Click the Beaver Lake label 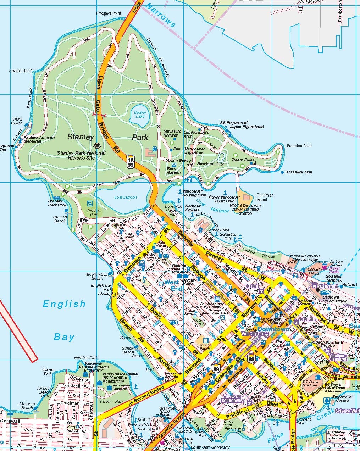tap(140, 115)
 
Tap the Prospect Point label tap(109, 13)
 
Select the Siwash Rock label tap(20, 71)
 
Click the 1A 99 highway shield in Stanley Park tap(131, 161)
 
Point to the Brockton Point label tap(299, 146)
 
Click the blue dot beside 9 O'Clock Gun tap(282, 172)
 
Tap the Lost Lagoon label tap(126, 197)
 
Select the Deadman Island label tap(265, 197)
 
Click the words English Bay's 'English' tap(64, 304)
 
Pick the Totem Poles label tap(243, 160)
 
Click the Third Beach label tap(17, 121)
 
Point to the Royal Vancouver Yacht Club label tap(224, 199)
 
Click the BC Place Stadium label tap(310, 383)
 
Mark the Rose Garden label tap(174, 171)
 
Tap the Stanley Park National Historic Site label tap(81, 155)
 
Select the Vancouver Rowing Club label tap(194, 193)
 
